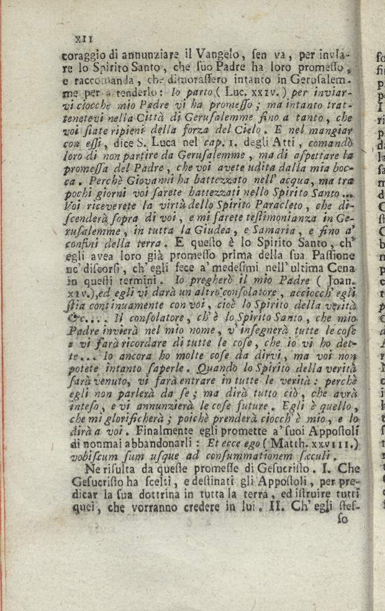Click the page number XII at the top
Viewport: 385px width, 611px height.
click(x=83, y=38)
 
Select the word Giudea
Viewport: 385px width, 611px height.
click(x=196, y=231)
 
